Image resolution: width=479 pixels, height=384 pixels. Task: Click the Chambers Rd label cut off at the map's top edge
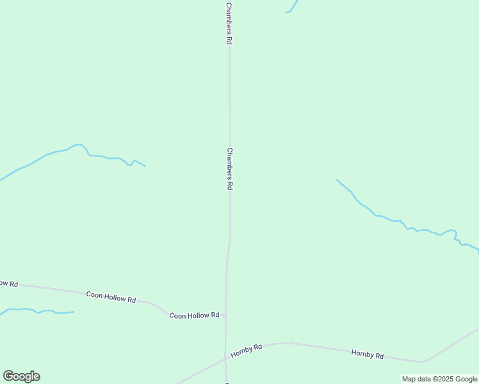(229, 22)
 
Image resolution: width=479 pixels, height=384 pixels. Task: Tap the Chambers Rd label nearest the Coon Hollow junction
(229, 169)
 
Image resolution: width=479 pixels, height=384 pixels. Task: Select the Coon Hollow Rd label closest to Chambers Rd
(194, 316)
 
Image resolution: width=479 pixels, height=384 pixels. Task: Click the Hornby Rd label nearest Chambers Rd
(247, 350)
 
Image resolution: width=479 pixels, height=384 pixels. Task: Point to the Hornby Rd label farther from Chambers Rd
(368, 355)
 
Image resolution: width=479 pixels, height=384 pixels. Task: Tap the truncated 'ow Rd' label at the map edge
(8, 283)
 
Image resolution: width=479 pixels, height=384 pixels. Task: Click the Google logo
(21, 376)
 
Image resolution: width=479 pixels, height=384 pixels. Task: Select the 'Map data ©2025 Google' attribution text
(439, 379)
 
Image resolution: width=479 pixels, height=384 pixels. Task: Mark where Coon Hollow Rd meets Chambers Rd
(225, 316)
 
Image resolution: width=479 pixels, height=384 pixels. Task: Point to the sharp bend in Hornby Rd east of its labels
(421, 362)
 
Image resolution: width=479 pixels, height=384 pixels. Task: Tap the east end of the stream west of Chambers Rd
(145, 166)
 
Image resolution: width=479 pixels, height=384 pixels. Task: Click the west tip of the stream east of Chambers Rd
(337, 180)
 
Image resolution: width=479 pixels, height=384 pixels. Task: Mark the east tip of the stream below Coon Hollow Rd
(73, 312)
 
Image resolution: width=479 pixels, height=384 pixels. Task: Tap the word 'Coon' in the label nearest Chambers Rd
(177, 316)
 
